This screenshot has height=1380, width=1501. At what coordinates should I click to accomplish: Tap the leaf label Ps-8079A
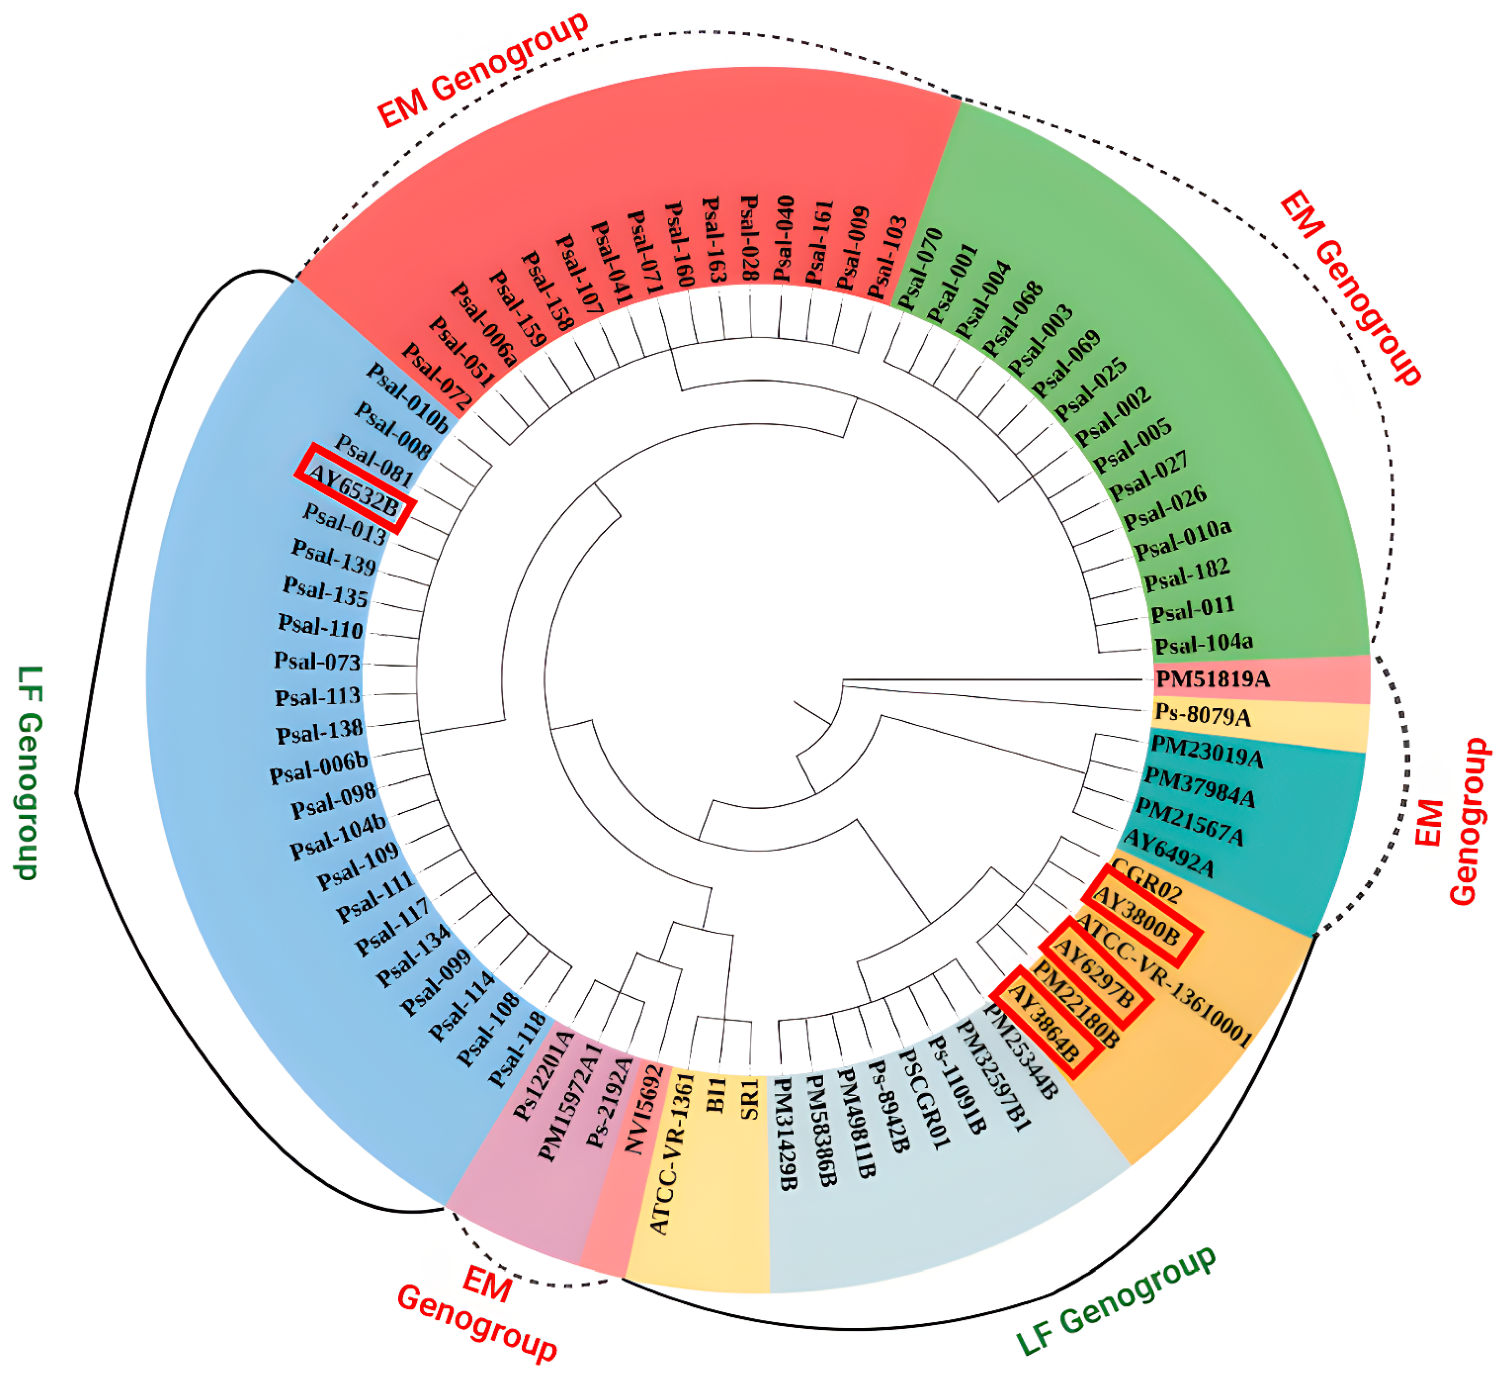pos(1202,715)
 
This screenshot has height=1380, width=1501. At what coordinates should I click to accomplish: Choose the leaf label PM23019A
pos(1207,751)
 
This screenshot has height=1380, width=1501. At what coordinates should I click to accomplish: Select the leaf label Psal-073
pos(317,661)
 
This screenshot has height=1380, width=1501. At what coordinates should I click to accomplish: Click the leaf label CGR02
pos(1146,881)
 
